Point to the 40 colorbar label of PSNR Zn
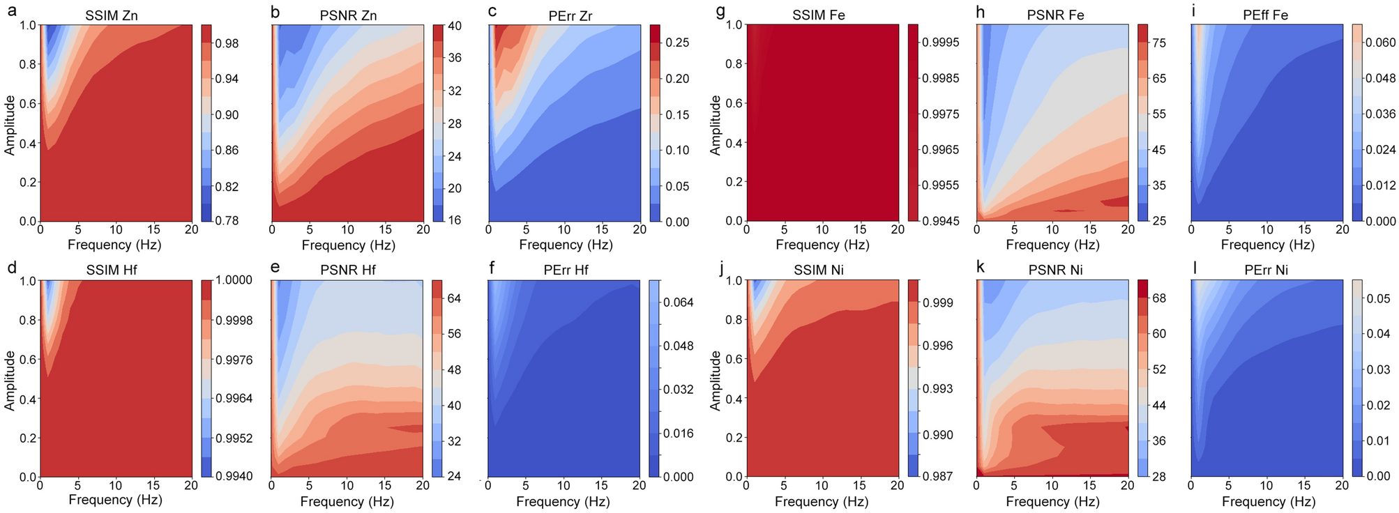click(x=455, y=26)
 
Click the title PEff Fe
click(x=1265, y=15)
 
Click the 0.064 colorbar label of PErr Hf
click(x=679, y=303)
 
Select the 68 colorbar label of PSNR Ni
click(x=1159, y=298)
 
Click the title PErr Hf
click(x=566, y=270)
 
